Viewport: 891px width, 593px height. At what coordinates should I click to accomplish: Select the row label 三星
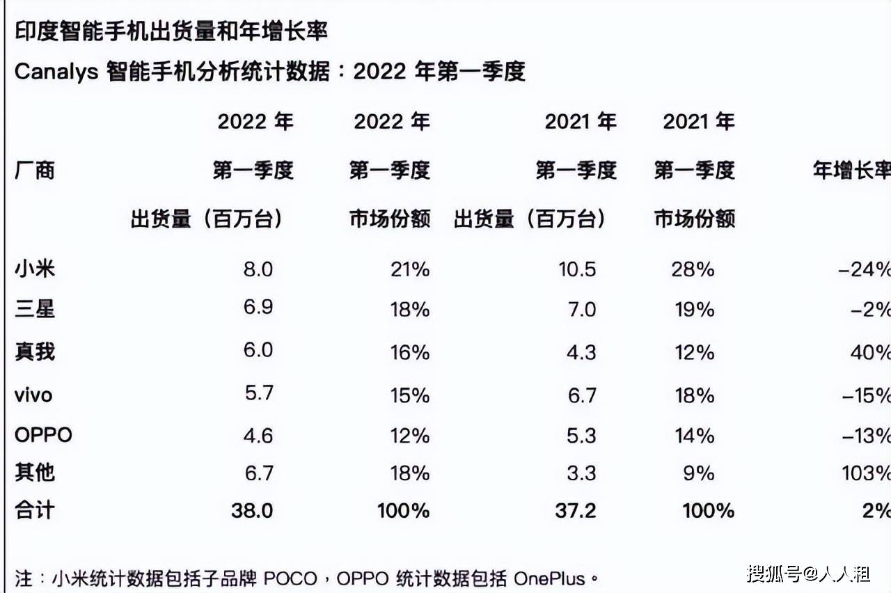click(35, 308)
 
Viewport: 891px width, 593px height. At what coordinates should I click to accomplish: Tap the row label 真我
click(35, 351)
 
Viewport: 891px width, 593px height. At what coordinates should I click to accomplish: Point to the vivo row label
click(33, 395)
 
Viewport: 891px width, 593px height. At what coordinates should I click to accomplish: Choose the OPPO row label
click(43, 436)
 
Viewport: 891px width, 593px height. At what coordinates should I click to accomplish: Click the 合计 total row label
click(35, 510)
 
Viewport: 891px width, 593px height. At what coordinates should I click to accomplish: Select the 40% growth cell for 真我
click(870, 352)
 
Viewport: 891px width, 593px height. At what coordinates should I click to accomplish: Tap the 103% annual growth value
click(865, 473)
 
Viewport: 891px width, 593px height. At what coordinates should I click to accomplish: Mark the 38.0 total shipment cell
click(252, 511)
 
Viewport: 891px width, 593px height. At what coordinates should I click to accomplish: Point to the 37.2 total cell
click(576, 511)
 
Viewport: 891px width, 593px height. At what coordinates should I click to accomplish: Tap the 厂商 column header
click(35, 170)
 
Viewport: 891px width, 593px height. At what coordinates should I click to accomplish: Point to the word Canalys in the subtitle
click(56, 71)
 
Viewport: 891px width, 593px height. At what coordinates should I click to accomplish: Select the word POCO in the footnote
click(288, 578)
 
